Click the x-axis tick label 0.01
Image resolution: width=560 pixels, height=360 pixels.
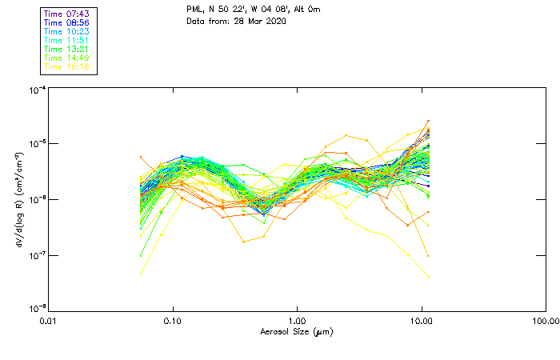tap(49, 321)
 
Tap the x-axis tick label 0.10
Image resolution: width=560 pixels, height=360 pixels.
tap(173, 321)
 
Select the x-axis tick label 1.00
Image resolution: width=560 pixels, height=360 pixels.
tap(297, 321)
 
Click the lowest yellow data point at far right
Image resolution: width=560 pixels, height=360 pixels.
tap(428, 278)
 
